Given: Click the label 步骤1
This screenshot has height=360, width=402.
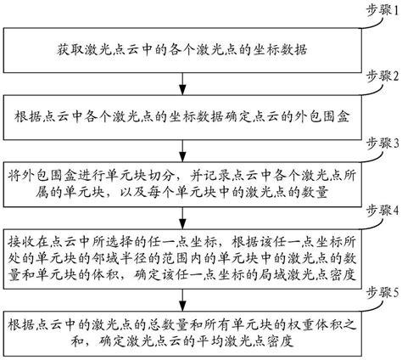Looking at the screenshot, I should pyautogui.click(x=371, y=8).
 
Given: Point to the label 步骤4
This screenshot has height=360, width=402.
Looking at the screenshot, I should pyautogui.click(x=371, y=208).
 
